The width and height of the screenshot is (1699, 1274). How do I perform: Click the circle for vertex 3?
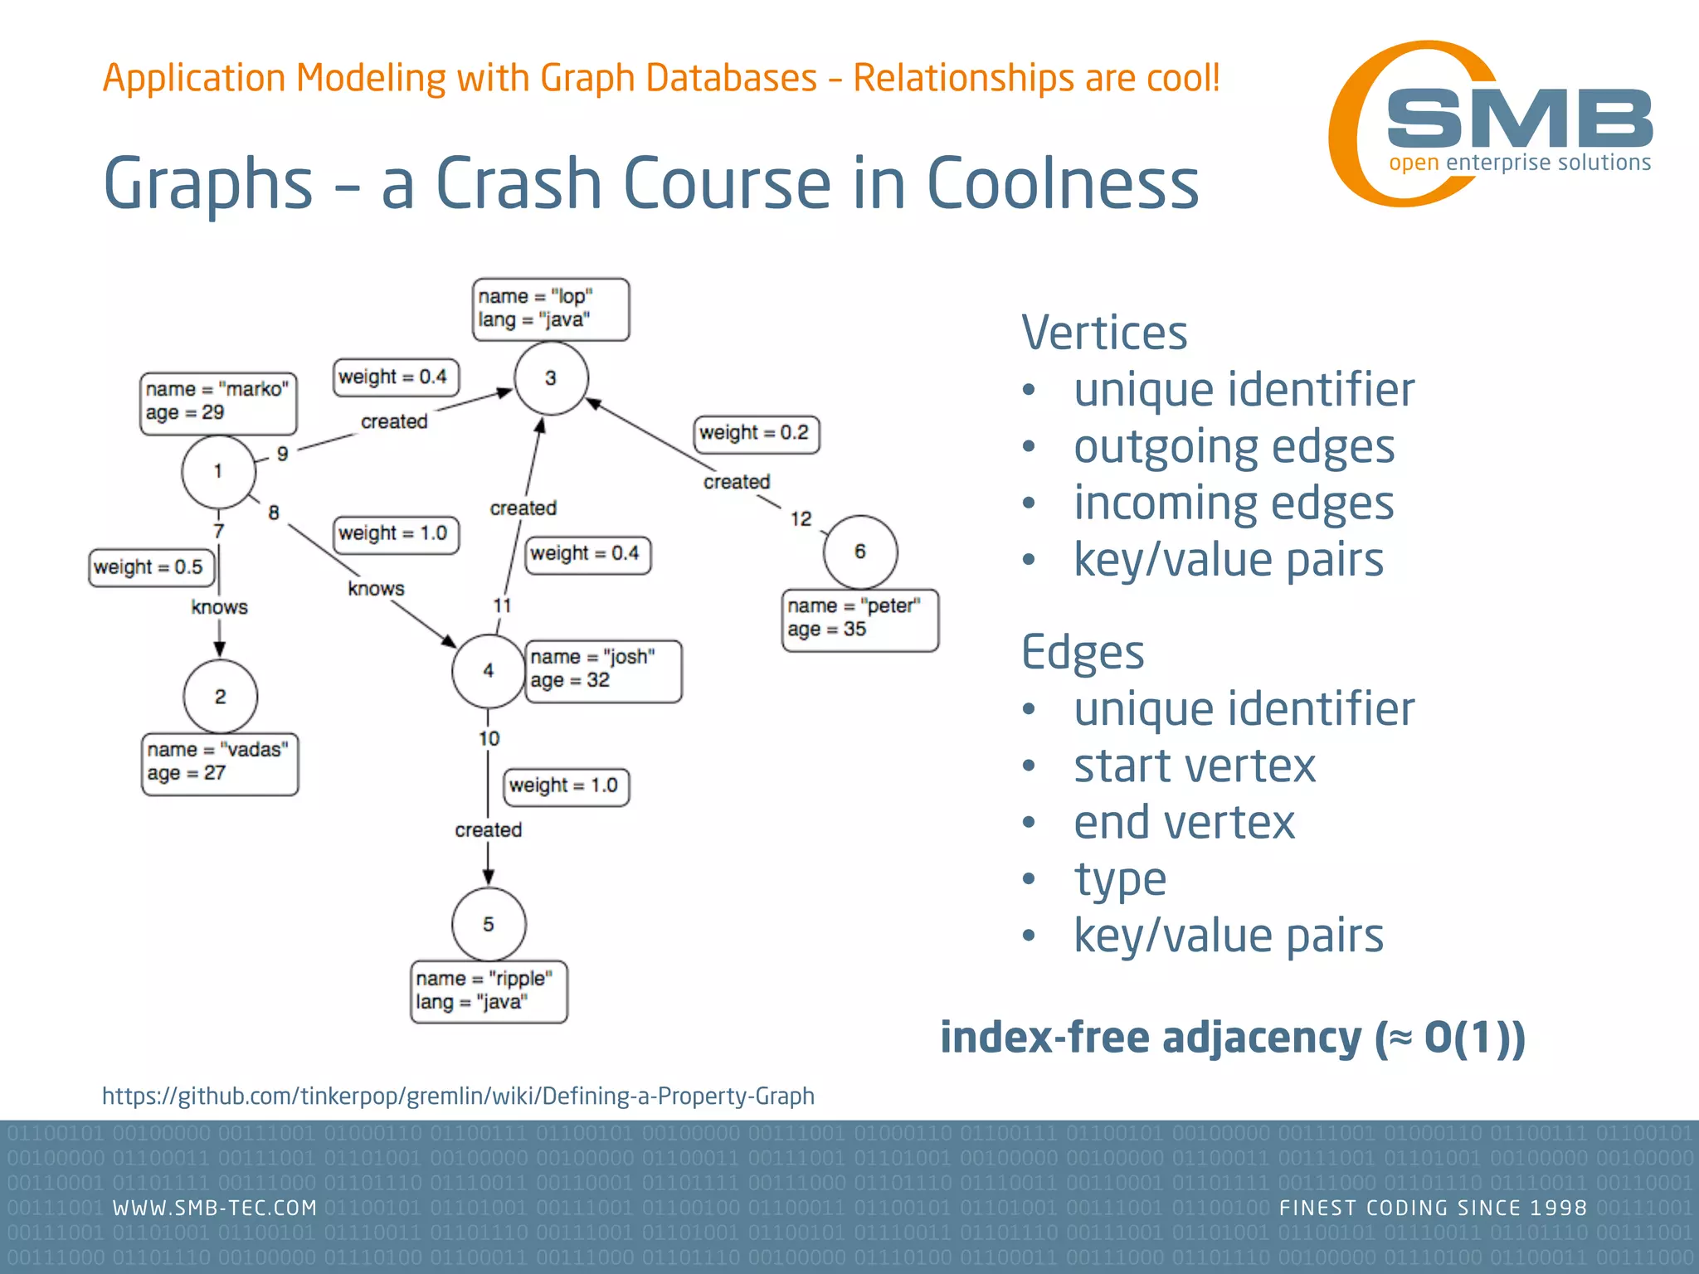pyautogui.click(x=551, y=378)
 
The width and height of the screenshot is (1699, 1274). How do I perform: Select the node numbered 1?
pyautogui.click(x=218, y=471)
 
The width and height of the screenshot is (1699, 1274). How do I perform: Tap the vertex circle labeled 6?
pyautogui.click(x=860, y=552)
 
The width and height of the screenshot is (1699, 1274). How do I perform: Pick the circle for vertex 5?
pyautogui.click(x=489, y=924)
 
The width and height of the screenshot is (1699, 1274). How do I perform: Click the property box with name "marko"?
pyautogui.click(x=218, y=403)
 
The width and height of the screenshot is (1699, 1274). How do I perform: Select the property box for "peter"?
pyautogui.click(x=860, y=620)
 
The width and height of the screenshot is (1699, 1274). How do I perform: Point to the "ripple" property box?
pyautogui.click(x=489, y=992)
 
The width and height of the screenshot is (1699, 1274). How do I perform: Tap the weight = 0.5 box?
pyautogui.click(x=151, y=568)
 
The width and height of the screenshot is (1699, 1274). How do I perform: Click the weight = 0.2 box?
pyautogui.click(x=757, y=434)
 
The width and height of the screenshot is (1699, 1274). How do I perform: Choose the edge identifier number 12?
pyautogui.click(x=801, y=519)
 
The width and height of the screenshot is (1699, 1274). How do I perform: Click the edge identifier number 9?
pyautogui.click(x=283, y=455)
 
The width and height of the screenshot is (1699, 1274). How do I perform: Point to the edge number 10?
pyautogui.click(x=489, y=738)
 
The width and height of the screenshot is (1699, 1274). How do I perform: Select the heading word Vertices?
pyautogui.click(x=1104, y=333)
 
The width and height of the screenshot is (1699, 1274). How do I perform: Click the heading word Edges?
pyautogui.click(x=1083, y=653)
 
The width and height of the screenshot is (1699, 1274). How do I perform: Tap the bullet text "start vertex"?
pyautogui.click(x=1195, y=766)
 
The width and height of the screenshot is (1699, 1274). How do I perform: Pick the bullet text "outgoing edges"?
pyautogui.click(x=1234, y=447)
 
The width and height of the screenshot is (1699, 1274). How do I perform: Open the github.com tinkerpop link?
pyautogui.click(x=458, y=1097)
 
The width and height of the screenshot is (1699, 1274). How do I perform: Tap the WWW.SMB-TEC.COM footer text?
pyautogui.click(x=215, y=1208)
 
